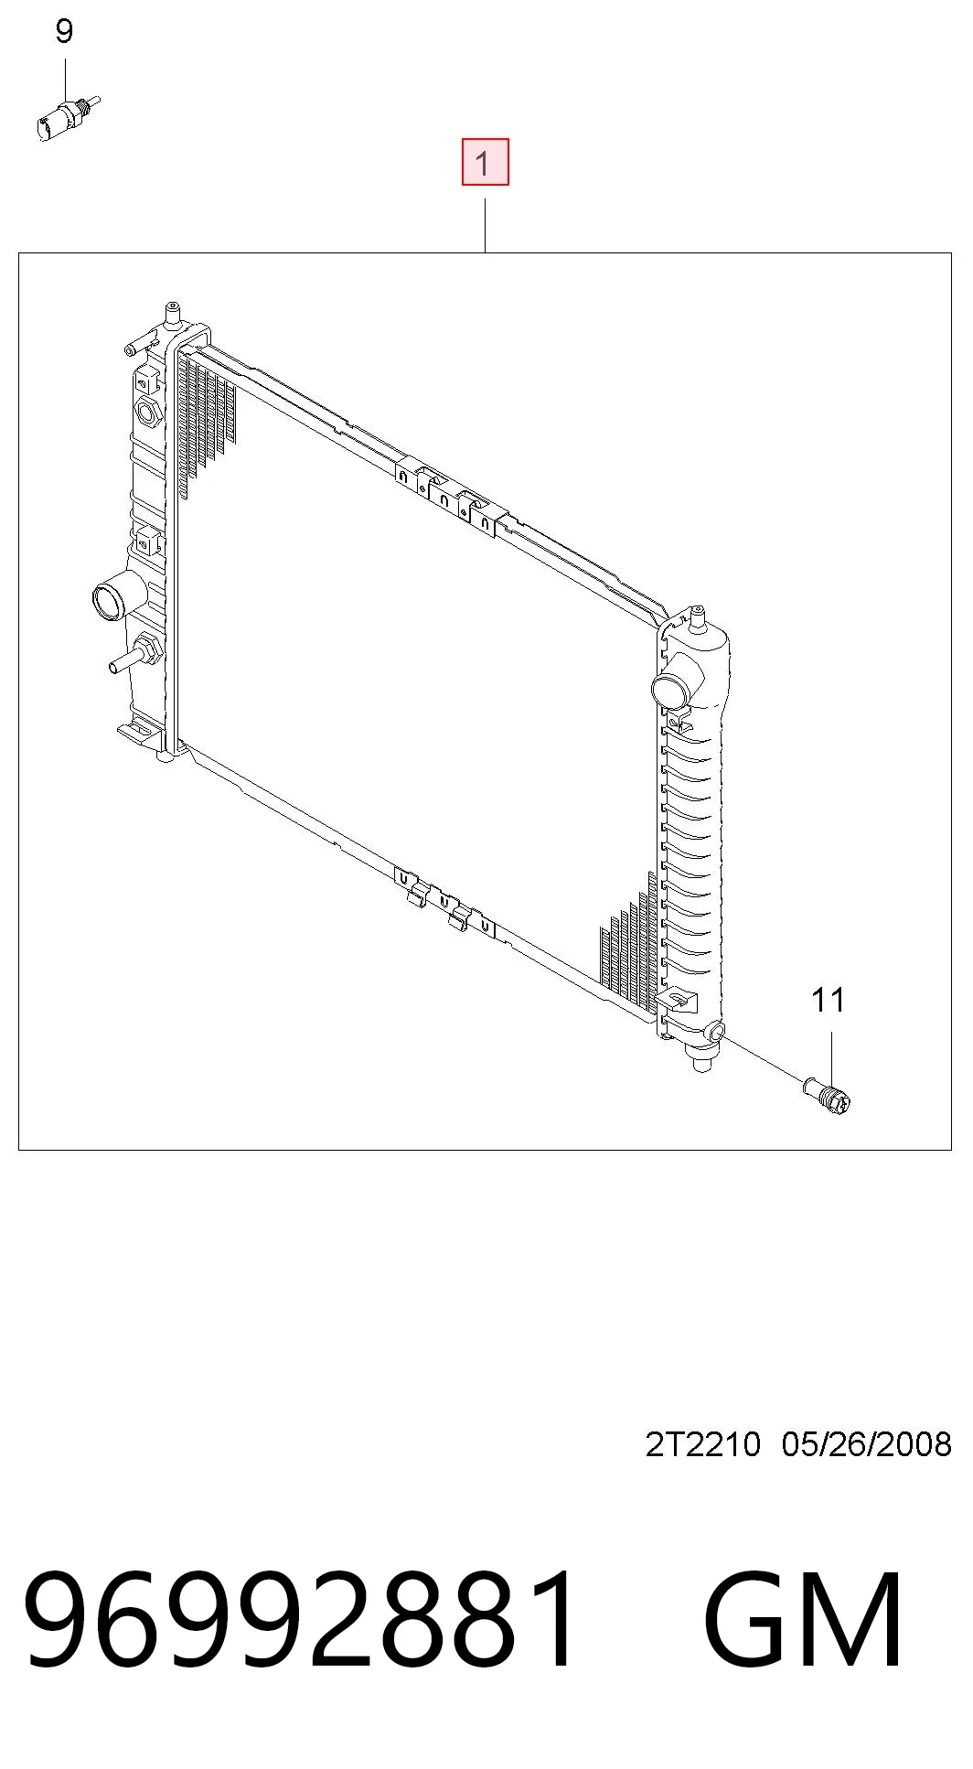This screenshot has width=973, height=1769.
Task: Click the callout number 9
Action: tap(64, 32)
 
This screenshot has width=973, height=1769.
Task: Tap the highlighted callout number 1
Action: tap(485, 162)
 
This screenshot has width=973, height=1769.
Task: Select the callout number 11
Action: tap(829, 1000)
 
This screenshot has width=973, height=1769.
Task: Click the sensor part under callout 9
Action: tap(66, 117)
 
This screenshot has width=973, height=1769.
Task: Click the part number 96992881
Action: tap(302, 1620)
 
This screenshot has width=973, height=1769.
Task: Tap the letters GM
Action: tap(804, 1620)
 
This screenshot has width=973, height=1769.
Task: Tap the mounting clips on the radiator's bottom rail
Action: tap(444, 901)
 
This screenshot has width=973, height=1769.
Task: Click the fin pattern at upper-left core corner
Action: tap(208, 421)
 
